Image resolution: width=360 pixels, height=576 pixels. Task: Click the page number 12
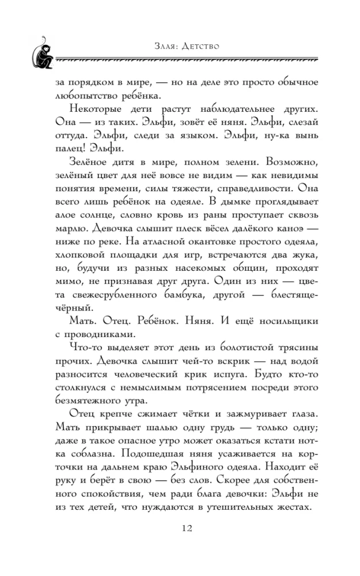click(180, 529)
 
